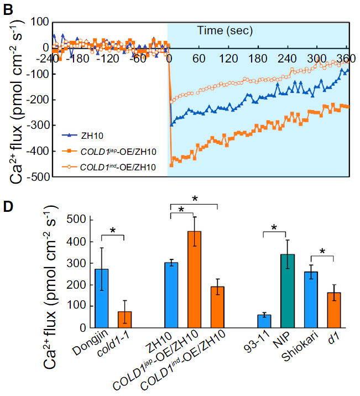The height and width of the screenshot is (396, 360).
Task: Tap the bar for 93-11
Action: (264, 321)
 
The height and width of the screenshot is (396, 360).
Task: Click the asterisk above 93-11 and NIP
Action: (275, 228)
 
